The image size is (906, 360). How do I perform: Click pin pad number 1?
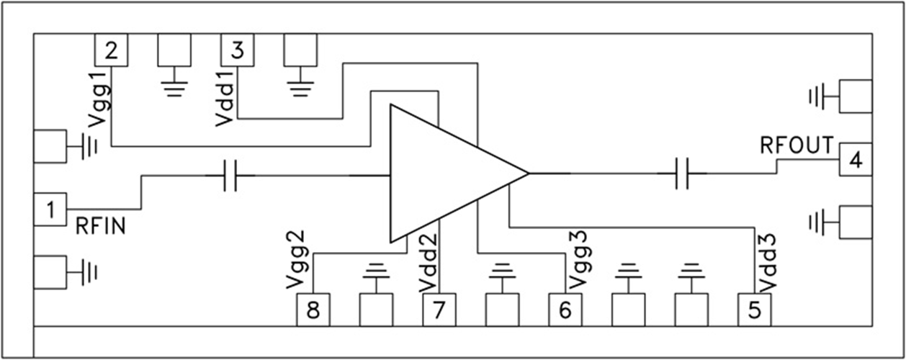pos(50,210)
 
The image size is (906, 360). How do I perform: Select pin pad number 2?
pos(112,50)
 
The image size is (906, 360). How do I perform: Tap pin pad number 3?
pos(238,50)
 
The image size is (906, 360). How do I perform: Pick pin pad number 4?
pos(855,159)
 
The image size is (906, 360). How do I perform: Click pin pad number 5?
pos(754,310)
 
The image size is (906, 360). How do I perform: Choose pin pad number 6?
pos(565,310)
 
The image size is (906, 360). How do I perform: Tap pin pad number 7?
pos(439,310)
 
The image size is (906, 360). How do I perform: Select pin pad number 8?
pos(313,310)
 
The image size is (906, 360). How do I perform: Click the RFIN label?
pos(100,228)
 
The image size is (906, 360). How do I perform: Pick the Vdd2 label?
pos(428,260)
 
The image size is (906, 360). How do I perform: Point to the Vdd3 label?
pos(766,260)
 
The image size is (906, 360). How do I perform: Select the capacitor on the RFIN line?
pos(230,175)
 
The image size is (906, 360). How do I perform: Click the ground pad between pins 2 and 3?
pos(174,50)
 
